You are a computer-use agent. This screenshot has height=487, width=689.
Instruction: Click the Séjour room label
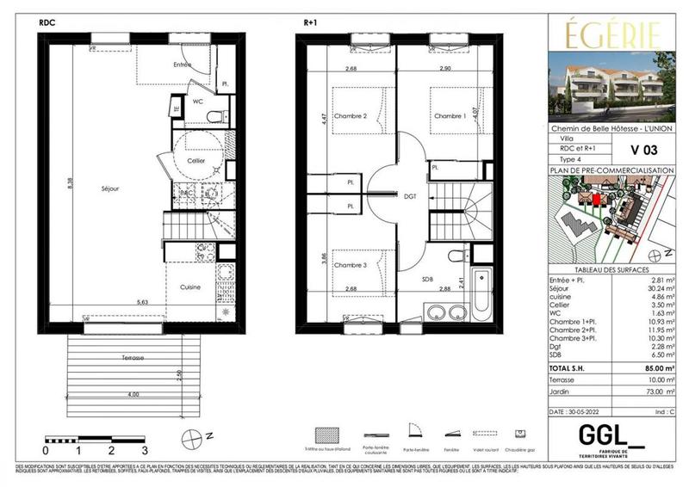(x=109, y=188)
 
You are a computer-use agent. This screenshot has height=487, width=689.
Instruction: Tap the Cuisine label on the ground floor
(x=191, y=287)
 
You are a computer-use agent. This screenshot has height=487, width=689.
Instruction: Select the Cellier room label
(x=197, y=161)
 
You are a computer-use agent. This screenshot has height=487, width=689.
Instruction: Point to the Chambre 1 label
(x=449, y=116)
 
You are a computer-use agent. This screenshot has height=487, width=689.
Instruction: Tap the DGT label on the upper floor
(x=410, y=196)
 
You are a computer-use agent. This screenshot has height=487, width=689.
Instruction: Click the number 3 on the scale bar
(x=145, y=450)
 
